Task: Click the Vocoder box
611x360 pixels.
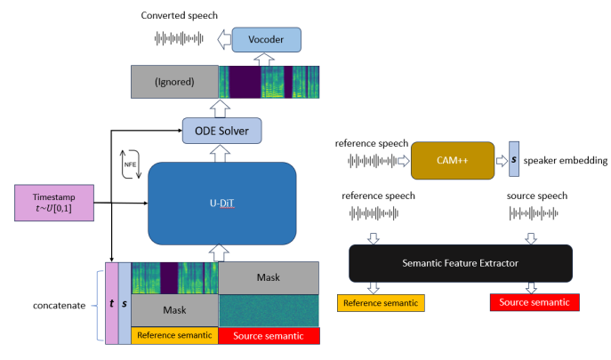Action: pos(266,40)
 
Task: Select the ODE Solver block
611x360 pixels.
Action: pos(221,131)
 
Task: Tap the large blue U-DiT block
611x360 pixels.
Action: pos(221,204)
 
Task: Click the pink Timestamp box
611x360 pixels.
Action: pos(54,203)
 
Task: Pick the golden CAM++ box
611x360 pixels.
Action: pos(453,161)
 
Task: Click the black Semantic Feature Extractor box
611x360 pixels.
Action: pos(461,263)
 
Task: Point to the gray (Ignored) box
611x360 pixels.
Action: pos(174,82)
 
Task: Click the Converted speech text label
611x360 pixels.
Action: pos(180,16)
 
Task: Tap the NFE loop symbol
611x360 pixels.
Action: pos(130,164)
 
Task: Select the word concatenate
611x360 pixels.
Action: pos(60,306)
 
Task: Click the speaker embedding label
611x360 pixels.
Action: pos(565,161)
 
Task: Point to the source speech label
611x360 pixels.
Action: pos(537,196)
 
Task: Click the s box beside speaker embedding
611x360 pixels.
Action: pos(514,159)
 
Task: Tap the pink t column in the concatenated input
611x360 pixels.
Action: pos(112,303)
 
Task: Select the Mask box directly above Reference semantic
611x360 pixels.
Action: pos(174,310)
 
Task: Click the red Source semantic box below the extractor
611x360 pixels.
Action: pos(535,302)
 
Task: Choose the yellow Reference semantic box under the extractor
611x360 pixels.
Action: pos(381,303)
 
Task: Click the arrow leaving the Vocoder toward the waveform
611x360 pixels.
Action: pos(224,39)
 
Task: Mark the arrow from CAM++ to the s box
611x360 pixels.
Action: pos(502,161)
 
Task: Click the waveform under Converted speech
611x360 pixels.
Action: pos(179,38)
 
